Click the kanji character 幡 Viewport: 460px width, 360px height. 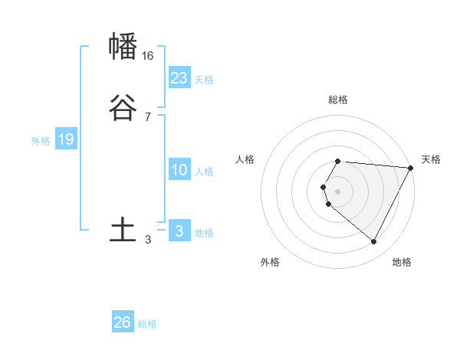(123, 47)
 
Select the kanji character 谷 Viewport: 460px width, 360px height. (123, 109)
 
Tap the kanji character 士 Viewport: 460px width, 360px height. (123, 231)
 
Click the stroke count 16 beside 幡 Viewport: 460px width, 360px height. (148, 56)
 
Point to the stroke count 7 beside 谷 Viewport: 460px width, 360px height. (147, 117)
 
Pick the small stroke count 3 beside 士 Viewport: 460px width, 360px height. (148, 240)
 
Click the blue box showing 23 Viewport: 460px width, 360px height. (179, 78)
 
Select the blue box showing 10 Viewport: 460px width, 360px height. (179, 170)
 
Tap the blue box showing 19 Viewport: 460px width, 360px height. (66, 139)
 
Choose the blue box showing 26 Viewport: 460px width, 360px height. (123, 322)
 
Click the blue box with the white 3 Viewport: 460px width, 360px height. (179, 231)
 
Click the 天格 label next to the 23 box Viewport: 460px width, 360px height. (204, 80)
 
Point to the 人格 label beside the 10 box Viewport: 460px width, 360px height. (204, 172)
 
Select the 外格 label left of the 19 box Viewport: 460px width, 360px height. (41, 141)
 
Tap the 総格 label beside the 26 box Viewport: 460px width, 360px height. (147, 324)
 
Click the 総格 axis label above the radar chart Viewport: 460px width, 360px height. (338, 100)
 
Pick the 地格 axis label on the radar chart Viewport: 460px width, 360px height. (402, 262)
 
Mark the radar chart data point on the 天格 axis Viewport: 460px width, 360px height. (410, 168)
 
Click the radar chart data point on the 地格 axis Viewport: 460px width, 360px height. (374, 241)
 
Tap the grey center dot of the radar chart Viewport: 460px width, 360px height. (338, 191)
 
